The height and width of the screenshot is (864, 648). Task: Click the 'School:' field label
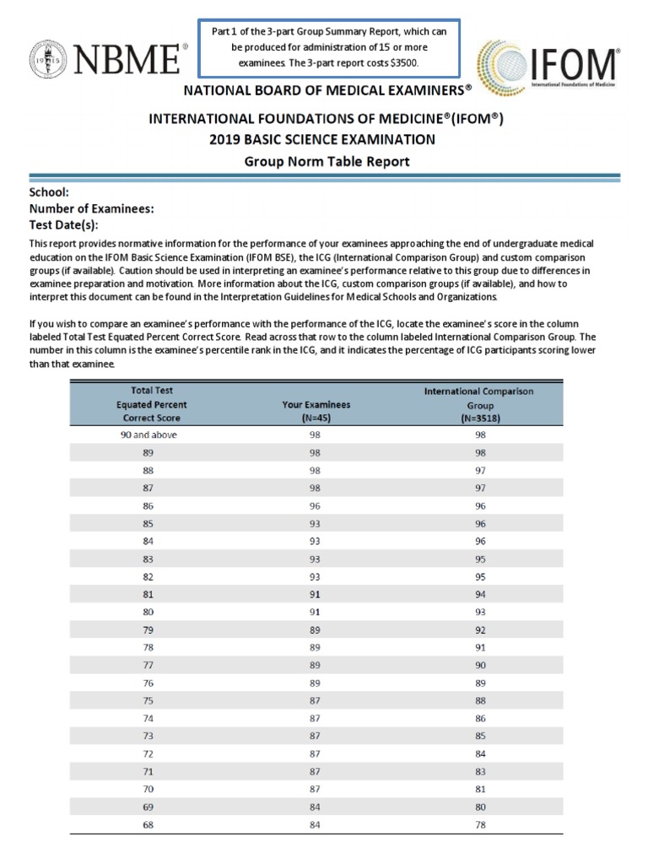[49, 192]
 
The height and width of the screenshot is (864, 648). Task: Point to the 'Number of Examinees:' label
[91, 208]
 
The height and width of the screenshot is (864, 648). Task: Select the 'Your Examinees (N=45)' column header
[316, 411]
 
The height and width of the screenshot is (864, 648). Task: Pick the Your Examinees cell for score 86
[316, 506]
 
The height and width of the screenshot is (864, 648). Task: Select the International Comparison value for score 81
[481, 595]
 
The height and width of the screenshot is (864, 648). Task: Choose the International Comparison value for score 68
[481, 824]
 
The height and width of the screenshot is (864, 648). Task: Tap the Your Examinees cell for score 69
[316, 807]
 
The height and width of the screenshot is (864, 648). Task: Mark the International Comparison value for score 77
[481, 665]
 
